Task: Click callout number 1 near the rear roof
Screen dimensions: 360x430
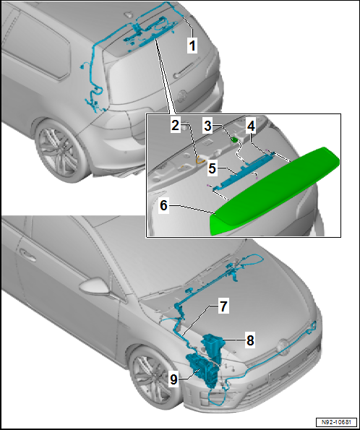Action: point(192,46)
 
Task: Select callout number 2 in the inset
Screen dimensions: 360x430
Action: point(176,126)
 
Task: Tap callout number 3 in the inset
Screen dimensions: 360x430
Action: point(208,126)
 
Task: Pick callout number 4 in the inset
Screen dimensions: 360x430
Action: point(251,126)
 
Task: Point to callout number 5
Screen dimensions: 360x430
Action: point(212,168)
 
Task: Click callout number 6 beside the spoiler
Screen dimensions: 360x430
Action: point(163,205)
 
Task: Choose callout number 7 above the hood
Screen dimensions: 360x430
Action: point(223,306)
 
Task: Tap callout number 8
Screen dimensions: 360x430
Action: point(250,340)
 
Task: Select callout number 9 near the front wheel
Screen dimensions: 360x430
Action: point(173,379)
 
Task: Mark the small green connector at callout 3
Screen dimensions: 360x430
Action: point(234,139)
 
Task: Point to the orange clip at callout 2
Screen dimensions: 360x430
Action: point(200,160)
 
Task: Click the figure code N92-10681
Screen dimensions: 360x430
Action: point(336,422)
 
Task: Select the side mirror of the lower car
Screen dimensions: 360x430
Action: point(94,287)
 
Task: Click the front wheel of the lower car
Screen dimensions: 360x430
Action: point(152,378)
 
